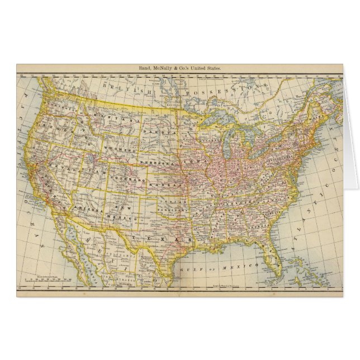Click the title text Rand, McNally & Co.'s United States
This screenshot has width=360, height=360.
[x=180, y=68]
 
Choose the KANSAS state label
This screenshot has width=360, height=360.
[x=171, y=183]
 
